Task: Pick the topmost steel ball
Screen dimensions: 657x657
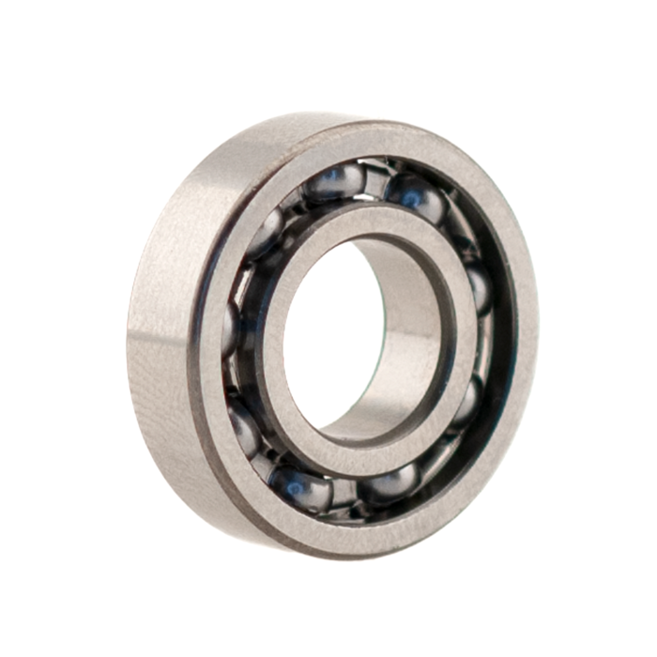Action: coord(333,184)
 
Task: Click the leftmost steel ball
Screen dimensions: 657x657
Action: coord(230,324)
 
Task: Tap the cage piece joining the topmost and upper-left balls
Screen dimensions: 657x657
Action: coord(296,202)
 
